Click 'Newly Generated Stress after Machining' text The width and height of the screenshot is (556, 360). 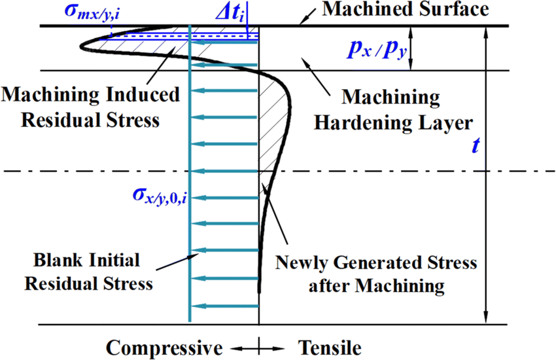coord(375,275)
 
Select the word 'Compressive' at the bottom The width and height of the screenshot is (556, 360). coord(164,346)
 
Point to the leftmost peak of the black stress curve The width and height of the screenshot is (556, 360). coord(80,46)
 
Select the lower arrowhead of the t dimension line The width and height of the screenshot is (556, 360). coord(485,319)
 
